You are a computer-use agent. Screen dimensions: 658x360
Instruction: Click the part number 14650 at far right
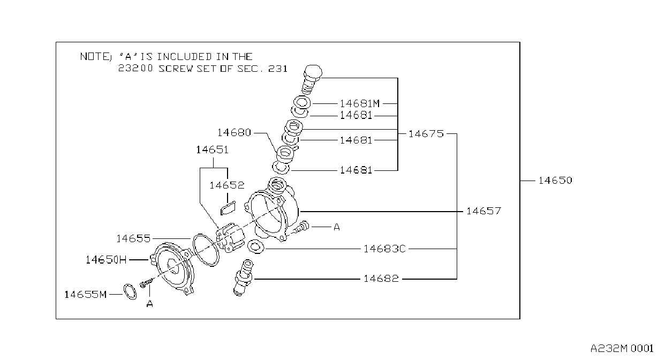pos(555,181)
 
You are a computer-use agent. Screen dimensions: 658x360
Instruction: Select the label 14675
pos(426,134)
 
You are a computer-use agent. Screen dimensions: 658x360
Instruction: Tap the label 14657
pos(484,211)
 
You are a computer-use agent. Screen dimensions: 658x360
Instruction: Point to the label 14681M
pos(360,103)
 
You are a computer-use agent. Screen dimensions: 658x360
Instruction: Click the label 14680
pos(234,133)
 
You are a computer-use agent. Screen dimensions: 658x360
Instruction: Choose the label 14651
pos(213,150)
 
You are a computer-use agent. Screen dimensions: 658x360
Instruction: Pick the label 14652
pos(227,185)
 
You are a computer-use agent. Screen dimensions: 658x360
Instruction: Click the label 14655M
pos(86,295)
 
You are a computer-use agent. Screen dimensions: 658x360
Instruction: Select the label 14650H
pos(106,260)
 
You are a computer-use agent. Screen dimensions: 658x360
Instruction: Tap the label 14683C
pos(384,249)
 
